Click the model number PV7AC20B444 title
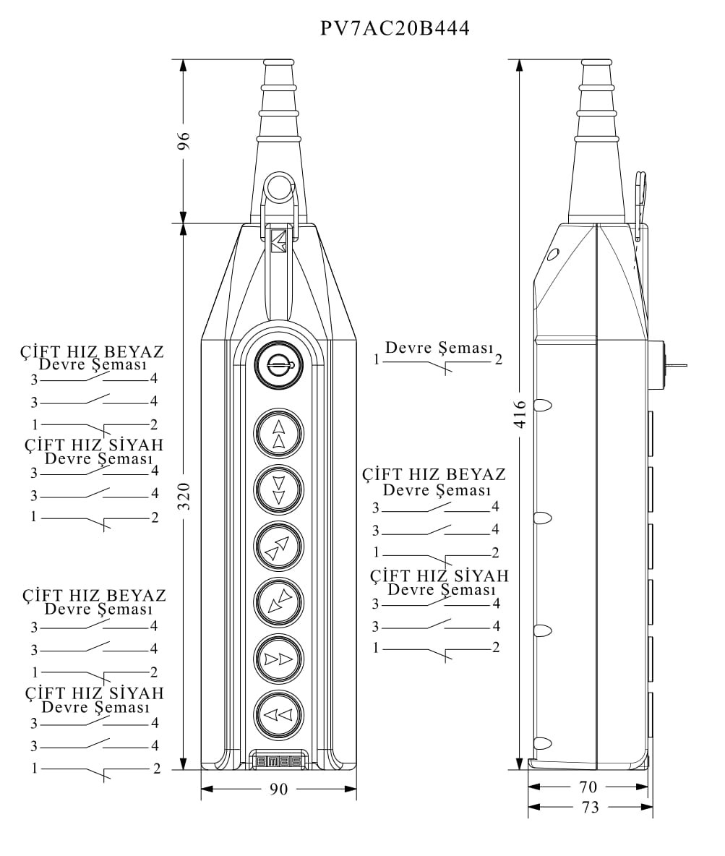[x=395, y=28]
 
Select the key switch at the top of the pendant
[x=278, y=366]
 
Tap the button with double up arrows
[x=278, y=434]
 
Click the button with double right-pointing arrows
[x=278, y=659]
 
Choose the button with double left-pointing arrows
[x=278, y=715]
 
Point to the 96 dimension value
[x=184, y=141]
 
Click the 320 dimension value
[x=184, y=496]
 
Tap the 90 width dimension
[x=278, y=789]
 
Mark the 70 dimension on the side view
[x=588, y=787]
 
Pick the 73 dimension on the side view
[x=591, y=807]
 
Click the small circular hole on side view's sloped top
[x=553, y=254]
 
